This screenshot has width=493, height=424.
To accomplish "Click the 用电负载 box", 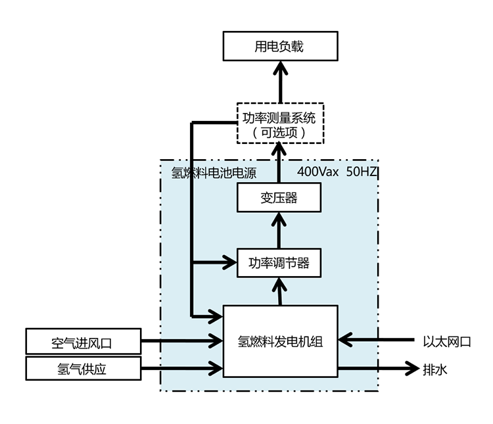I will (279, 47).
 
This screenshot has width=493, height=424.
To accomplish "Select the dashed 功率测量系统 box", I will (279, 124).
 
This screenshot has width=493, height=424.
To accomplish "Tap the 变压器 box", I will (279, 197).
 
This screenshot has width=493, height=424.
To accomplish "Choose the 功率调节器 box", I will (279, 263).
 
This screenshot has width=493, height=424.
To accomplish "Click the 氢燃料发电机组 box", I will (280, 341).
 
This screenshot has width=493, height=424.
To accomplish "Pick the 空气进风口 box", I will (83, 342).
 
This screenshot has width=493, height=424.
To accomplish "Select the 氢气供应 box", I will (83, 369).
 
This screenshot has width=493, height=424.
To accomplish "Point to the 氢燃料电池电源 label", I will (214, 173).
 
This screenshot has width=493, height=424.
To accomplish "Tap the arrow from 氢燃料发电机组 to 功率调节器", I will (280, 291).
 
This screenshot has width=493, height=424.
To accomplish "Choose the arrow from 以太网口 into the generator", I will (378, 341).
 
